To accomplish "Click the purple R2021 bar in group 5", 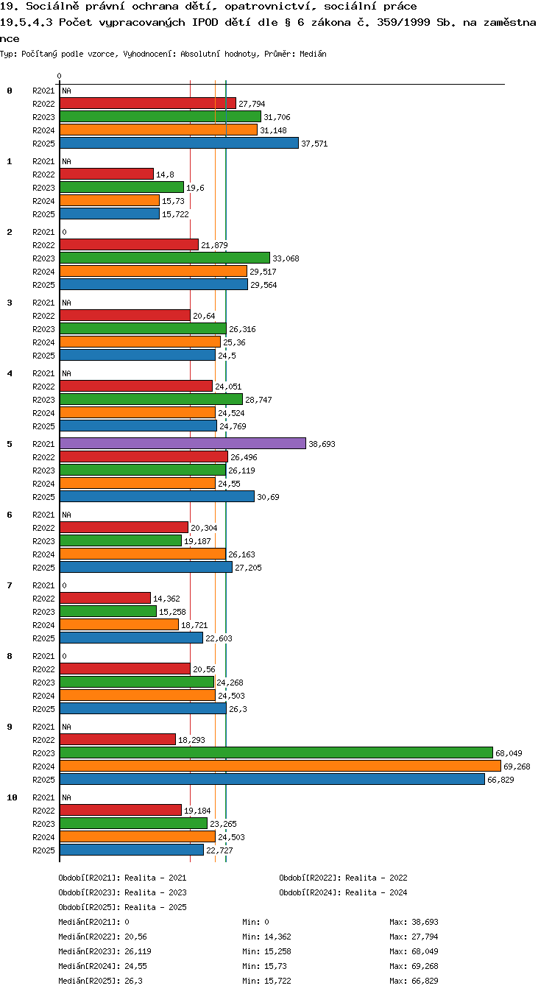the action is [x=183, y=443].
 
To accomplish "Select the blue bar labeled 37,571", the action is [x=180, y=143].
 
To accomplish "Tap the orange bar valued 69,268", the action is [x=280, y=766].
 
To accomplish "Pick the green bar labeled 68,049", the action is [x=277, y=752].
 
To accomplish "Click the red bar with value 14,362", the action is [x=105, y=598].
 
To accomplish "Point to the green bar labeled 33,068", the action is [x=165, y=258].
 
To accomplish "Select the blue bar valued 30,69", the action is [x=157, y=496].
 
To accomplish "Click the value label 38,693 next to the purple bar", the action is [x=322, y=444].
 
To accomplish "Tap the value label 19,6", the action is [x=195, y=188].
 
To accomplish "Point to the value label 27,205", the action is [x=248, y=568].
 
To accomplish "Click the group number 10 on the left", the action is [x=12, y=797].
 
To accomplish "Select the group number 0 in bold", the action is [x=10, y=91].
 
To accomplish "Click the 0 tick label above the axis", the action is [x=59, y=76].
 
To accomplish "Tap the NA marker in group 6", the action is [x=66, y=515].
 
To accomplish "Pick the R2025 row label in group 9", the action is [x=43, y=780].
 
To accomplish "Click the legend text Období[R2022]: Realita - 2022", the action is [x=343, y=878].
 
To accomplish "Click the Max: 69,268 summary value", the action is [x=414, y=966].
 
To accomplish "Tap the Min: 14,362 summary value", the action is [x=266, y=937].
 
